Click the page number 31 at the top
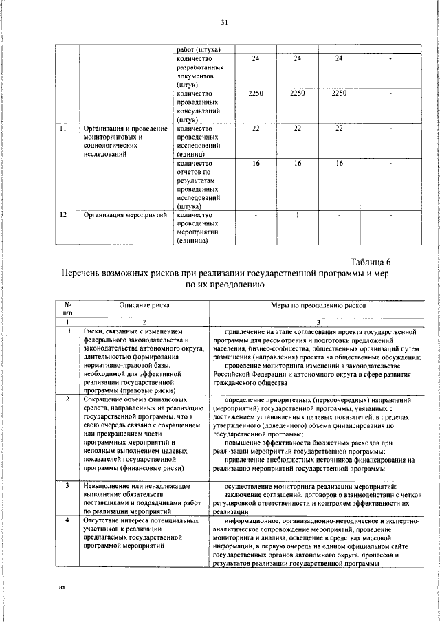point(223,23)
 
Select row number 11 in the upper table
point(63,129)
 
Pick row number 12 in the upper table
point(63,215)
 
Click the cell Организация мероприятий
point(125,215)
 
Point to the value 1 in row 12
point(297,215)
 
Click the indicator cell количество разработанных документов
point(199,71)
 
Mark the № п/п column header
point(68,309)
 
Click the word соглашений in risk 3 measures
point(274,495)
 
